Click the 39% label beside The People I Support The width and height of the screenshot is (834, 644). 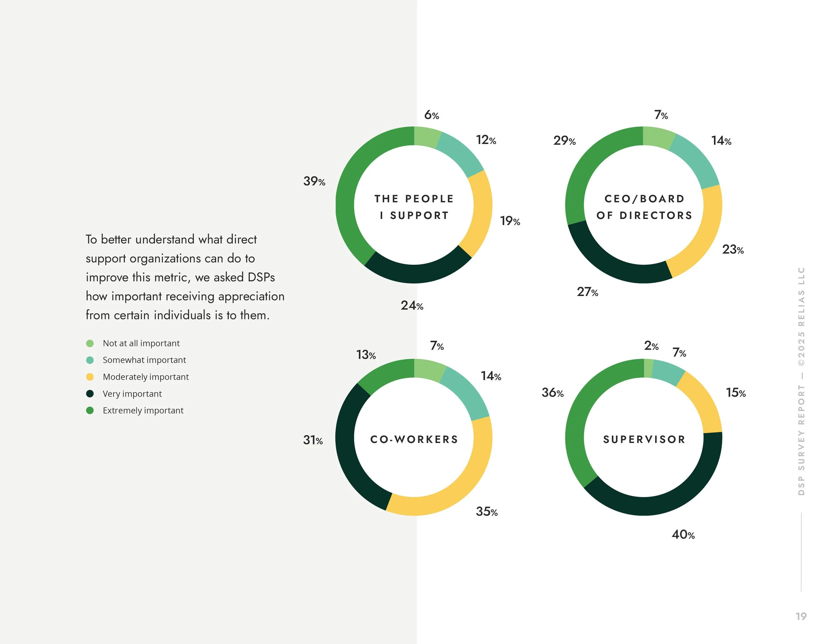pos(314,181)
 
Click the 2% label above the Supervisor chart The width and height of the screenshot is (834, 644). pos(651,346)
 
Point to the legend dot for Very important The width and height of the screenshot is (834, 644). pos(90,393)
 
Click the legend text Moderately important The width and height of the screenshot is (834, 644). pos(145,377)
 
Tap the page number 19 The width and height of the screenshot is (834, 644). pos(801,616)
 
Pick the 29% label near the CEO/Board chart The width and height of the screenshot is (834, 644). pos(564,141)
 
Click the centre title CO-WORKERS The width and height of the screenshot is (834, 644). pos(414,440)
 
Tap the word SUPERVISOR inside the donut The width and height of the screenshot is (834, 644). pos(644,440)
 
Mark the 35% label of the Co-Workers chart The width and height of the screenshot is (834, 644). pos(486,512)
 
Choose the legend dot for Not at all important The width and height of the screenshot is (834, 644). pos(90,343)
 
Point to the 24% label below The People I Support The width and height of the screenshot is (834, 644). pos(412,306)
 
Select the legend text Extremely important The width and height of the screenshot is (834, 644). pos(143,411)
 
